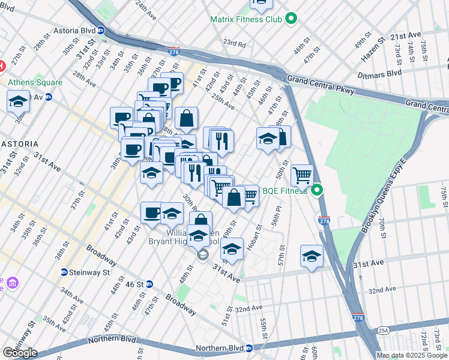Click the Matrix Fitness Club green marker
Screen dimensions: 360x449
tap(291, 19)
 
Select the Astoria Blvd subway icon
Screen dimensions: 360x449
tap(101, 30)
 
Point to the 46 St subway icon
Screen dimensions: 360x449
tap(149, 283)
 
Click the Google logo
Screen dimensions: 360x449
tap(20, 352)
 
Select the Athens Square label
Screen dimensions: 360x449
tap(34, 82)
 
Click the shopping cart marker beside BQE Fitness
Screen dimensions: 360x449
tap(302, 175)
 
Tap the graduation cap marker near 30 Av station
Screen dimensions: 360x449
tap(19, 101)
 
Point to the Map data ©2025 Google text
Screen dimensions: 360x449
tap(412, 355)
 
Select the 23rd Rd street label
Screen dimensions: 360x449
tap(235, 44)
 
